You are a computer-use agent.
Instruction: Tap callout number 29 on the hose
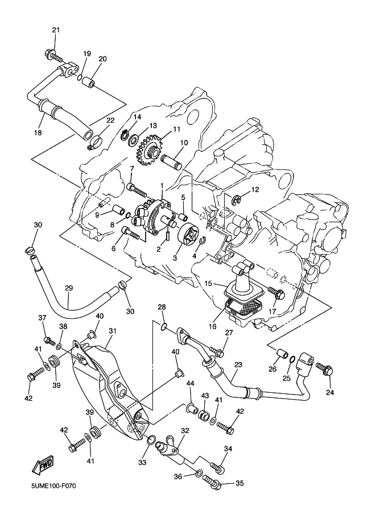[x=68, y=288]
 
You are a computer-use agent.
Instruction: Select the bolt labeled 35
[x=212, y=484]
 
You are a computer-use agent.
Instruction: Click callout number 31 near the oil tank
[x=113, y=331]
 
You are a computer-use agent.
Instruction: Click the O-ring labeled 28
[x=164, y=326]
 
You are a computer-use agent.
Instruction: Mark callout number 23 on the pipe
[x=238, y=365]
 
